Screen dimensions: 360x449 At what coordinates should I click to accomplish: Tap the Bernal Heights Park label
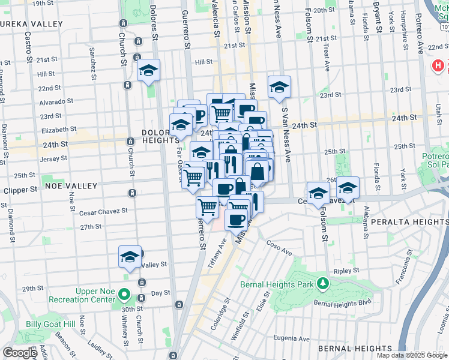tap(279, 284)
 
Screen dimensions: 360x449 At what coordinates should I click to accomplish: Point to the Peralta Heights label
tap(409, 221)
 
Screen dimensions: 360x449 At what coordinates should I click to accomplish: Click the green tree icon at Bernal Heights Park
tap(323, 283)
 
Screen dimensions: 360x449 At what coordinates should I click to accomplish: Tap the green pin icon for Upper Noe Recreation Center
tap(124, 295)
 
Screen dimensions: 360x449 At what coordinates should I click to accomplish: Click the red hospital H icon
tap(439, 65)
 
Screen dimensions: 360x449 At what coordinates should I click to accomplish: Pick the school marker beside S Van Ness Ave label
tap(279, 88)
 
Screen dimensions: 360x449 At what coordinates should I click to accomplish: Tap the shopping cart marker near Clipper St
tap(193, 177)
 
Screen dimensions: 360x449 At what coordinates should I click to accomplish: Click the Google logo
tap(20, 353)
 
